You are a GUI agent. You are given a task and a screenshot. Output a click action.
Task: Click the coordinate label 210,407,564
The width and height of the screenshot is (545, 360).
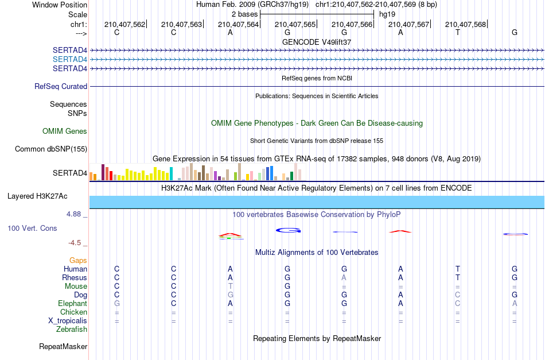tap(238, 24)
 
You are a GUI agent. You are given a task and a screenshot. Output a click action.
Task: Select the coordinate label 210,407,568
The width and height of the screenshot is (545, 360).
tap(465, 24)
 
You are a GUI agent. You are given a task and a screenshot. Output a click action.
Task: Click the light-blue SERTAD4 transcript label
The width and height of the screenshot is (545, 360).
tap(70, 60)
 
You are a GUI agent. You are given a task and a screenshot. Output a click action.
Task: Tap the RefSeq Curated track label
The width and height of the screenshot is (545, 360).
tap(61, 86)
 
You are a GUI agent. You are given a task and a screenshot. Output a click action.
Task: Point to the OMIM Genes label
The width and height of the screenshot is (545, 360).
tap(65, 131)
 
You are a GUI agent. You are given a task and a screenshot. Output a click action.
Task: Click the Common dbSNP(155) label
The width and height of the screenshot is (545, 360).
tap(51, 149)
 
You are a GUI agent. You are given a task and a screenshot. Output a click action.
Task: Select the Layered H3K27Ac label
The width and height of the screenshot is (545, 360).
tap(37, 196)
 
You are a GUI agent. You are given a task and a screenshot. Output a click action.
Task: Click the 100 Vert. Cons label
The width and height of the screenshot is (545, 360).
tap(32, 228)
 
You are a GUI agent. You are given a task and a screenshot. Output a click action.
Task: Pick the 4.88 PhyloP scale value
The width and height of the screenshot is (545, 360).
tap(73, 214)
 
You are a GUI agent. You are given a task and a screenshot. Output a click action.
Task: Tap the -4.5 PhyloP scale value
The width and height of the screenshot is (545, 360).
tap(75, 242)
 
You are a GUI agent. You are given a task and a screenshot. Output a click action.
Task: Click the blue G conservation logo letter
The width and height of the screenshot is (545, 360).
tap(288, 230)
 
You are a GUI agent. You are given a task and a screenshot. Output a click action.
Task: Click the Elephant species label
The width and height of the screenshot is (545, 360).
tap(72, 304)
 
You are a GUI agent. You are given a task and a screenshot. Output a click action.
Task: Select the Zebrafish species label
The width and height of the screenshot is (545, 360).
tap(72, 330)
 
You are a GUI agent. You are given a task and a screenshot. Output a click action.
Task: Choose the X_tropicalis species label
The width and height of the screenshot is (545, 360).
tap(68, 321)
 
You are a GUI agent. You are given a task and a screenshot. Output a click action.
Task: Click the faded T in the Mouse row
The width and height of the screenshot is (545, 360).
tap(230, 287)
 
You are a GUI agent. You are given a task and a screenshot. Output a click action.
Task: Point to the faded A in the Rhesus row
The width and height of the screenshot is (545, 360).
tap(344, 277)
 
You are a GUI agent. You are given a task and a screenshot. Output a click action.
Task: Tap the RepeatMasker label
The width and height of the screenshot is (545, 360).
tap(63, 346)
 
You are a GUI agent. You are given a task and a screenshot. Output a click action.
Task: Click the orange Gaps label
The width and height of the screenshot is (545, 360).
tap(78, 261)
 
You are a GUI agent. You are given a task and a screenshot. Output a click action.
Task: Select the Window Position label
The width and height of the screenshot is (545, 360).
tap(60, 5)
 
